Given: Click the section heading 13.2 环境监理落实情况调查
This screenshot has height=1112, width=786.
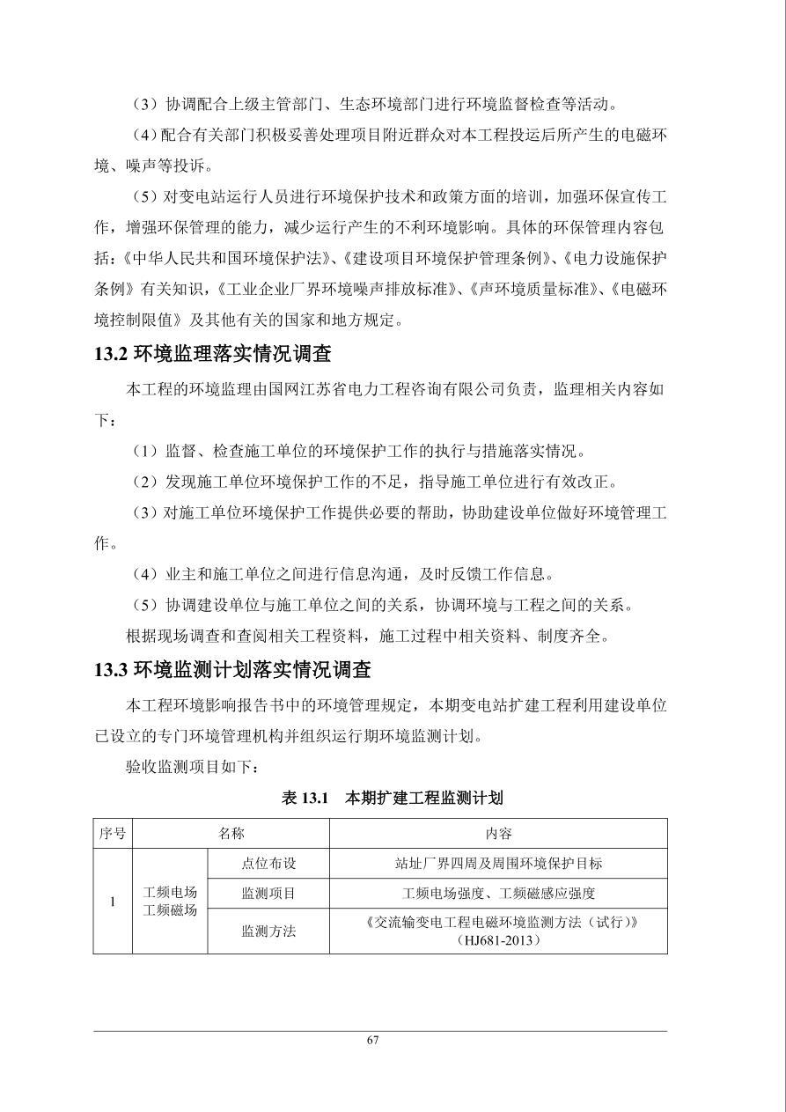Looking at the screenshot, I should tap(212, 354).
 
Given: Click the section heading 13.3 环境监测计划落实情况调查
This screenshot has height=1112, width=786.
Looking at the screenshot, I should tap(232, 669).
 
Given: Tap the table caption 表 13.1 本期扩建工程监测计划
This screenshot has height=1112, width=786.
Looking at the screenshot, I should tap(392, 799).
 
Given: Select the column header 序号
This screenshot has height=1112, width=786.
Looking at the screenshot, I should tap(113, 834).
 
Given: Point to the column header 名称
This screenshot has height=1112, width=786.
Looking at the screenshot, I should tap(231, 834).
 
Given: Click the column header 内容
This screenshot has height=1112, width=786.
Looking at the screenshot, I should tap(498, 834).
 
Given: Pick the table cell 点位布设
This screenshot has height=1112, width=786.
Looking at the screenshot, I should tap(268, 864).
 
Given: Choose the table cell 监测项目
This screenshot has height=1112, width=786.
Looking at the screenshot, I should tap(268, 893).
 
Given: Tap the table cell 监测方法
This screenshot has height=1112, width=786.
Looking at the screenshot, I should tap(268, 931).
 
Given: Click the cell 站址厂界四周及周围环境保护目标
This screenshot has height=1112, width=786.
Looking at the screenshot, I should tap(498, 864).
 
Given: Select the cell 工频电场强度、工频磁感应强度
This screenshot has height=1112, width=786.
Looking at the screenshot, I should tap(498, 893).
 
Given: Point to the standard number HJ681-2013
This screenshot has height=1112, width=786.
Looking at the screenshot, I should tap(498, 940).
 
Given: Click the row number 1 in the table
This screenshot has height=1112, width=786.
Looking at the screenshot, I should tap(113, 902).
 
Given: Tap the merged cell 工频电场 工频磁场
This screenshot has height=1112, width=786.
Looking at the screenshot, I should tap(170, 902).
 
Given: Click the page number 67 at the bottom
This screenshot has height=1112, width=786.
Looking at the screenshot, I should tap(372, 1040).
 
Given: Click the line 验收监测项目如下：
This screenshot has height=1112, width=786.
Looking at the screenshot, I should tap(193, 768).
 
